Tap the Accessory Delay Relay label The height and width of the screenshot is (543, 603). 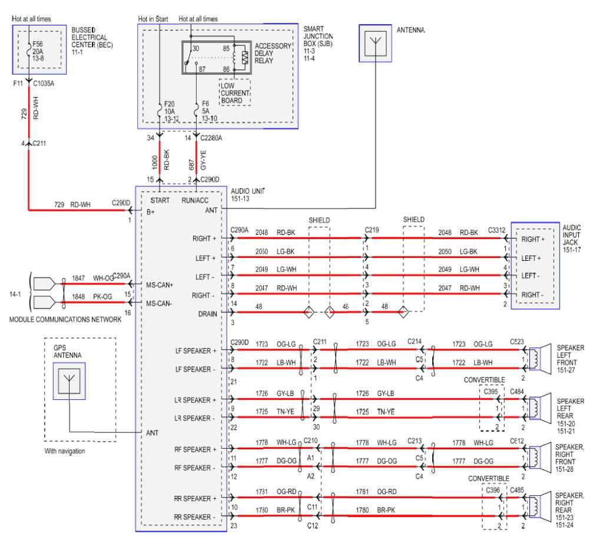(273, 54)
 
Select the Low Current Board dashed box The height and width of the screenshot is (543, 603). (234, 93)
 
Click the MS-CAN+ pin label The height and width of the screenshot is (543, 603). (160, 285)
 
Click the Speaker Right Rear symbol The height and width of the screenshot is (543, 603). (537, 506)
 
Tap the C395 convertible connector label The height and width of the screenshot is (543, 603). (491, 391)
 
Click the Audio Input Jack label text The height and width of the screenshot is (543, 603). (572, 238)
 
